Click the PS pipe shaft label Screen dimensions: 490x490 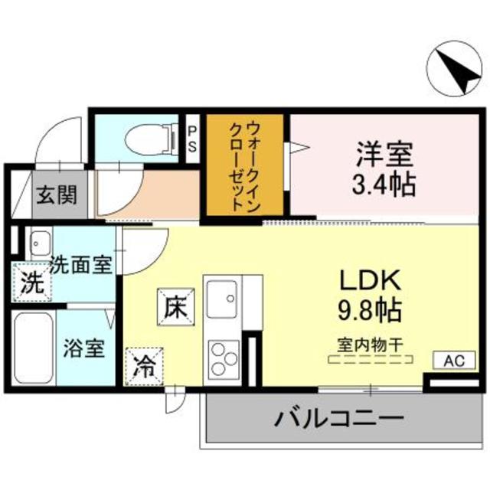tap(193, 139)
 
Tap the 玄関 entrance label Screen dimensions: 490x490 tap(58, 195)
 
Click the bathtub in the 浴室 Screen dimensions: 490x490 tap(33, 348)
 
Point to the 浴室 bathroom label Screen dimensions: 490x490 tap(83, 348)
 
